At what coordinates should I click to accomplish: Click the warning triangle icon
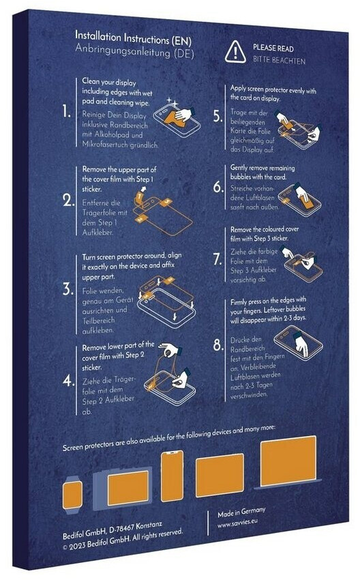point(235,52)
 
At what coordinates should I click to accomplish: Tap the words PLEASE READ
point(273,48)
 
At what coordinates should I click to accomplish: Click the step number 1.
point(67,111)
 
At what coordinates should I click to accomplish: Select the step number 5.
point(218,116)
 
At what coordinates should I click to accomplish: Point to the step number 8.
point(218,345)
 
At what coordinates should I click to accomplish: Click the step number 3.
point(67,289)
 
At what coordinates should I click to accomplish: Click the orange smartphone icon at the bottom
point(172,476)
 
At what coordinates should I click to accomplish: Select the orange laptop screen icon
point(288,461)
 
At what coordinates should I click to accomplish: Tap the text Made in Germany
point(241,512)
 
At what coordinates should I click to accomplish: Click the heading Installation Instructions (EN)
point(133,38)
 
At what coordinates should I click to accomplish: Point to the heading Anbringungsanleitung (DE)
point(134,50)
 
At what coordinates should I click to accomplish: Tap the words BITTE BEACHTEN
point(279,60)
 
